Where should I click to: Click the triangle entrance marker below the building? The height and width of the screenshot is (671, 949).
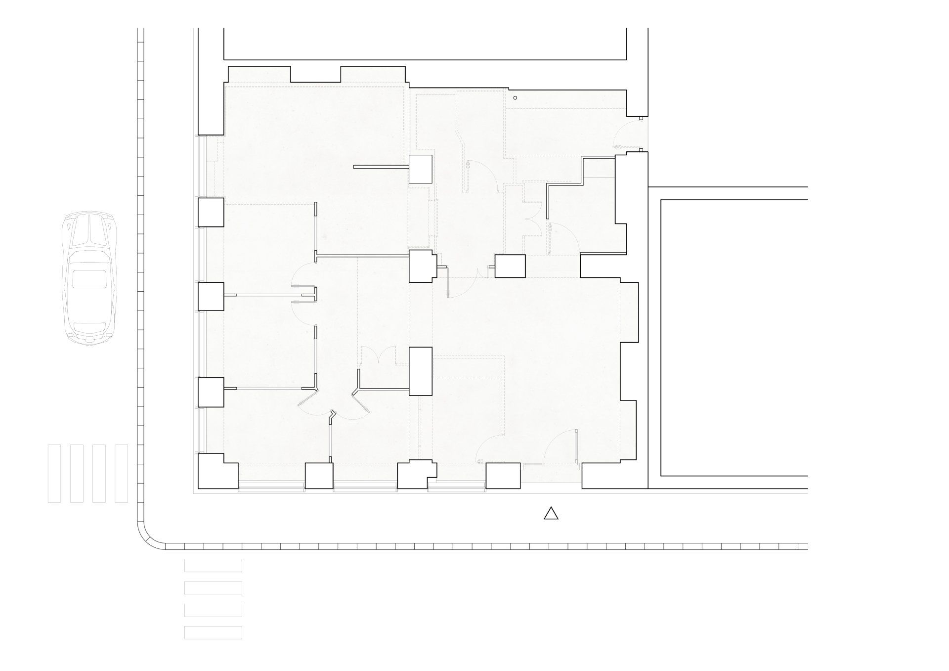coord(551,514)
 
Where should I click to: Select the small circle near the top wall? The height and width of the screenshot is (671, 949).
coord(515,97)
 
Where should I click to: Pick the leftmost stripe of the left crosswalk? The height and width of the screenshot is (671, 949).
coord(54,473)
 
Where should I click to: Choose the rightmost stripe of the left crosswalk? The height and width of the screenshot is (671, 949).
coord(121,473)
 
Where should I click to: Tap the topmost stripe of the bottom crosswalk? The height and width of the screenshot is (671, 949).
coord(213,565)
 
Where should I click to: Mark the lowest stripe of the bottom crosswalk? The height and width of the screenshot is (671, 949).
coord(213,632)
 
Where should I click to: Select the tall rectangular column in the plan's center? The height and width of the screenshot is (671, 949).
coord(421,371)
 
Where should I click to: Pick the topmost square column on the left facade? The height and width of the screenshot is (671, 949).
coord(211,212)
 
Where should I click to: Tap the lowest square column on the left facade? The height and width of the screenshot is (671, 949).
coord(211,392)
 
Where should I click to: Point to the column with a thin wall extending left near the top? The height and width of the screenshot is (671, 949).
coord(421,169)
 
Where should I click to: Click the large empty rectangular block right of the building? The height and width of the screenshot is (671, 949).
coord(734,337)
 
